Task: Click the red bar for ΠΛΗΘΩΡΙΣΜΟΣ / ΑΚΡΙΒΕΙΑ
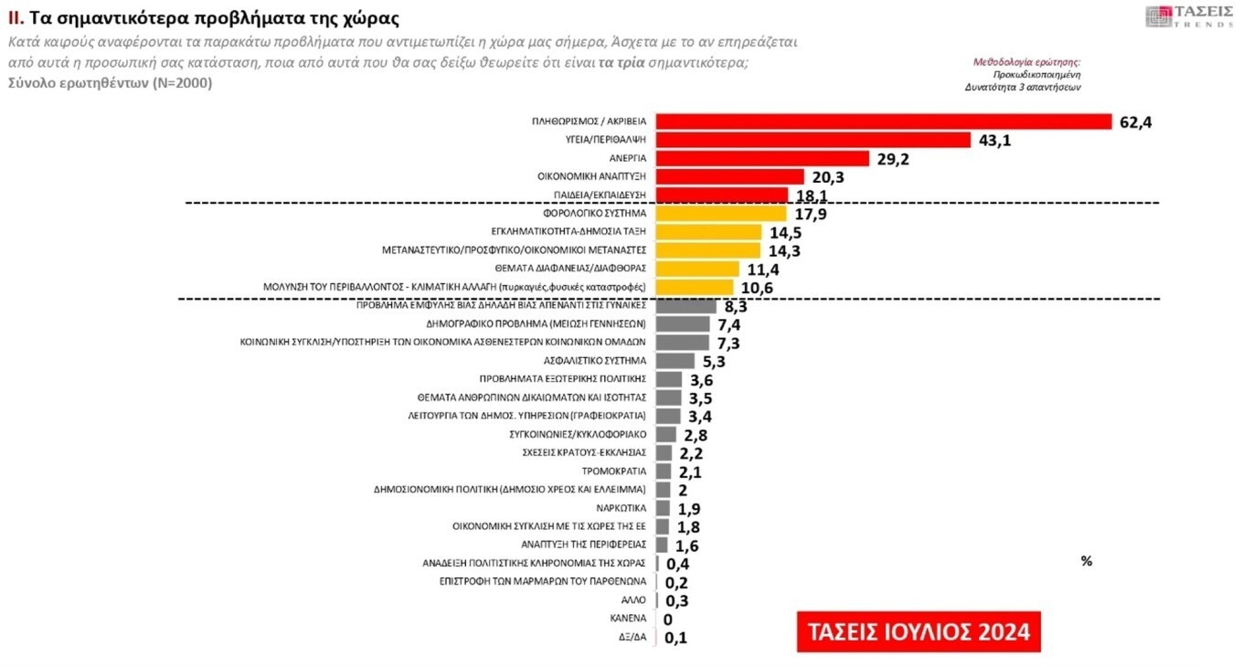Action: coord(883,122)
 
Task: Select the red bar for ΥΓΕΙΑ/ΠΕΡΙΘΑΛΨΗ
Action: coord(813,140)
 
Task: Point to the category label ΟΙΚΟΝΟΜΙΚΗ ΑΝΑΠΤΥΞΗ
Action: coord(592,176)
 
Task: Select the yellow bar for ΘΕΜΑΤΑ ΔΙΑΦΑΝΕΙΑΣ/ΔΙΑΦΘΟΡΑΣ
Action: coord(697,269)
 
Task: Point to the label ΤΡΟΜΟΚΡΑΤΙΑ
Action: coord(614,471)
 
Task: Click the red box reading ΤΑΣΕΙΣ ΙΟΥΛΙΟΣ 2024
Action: coord(919,631)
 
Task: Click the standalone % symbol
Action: coord(1086,561)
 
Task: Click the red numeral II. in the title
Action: coord(15,18)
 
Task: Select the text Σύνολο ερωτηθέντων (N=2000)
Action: coord(110,83)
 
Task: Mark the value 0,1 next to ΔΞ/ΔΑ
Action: coord(676,637)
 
